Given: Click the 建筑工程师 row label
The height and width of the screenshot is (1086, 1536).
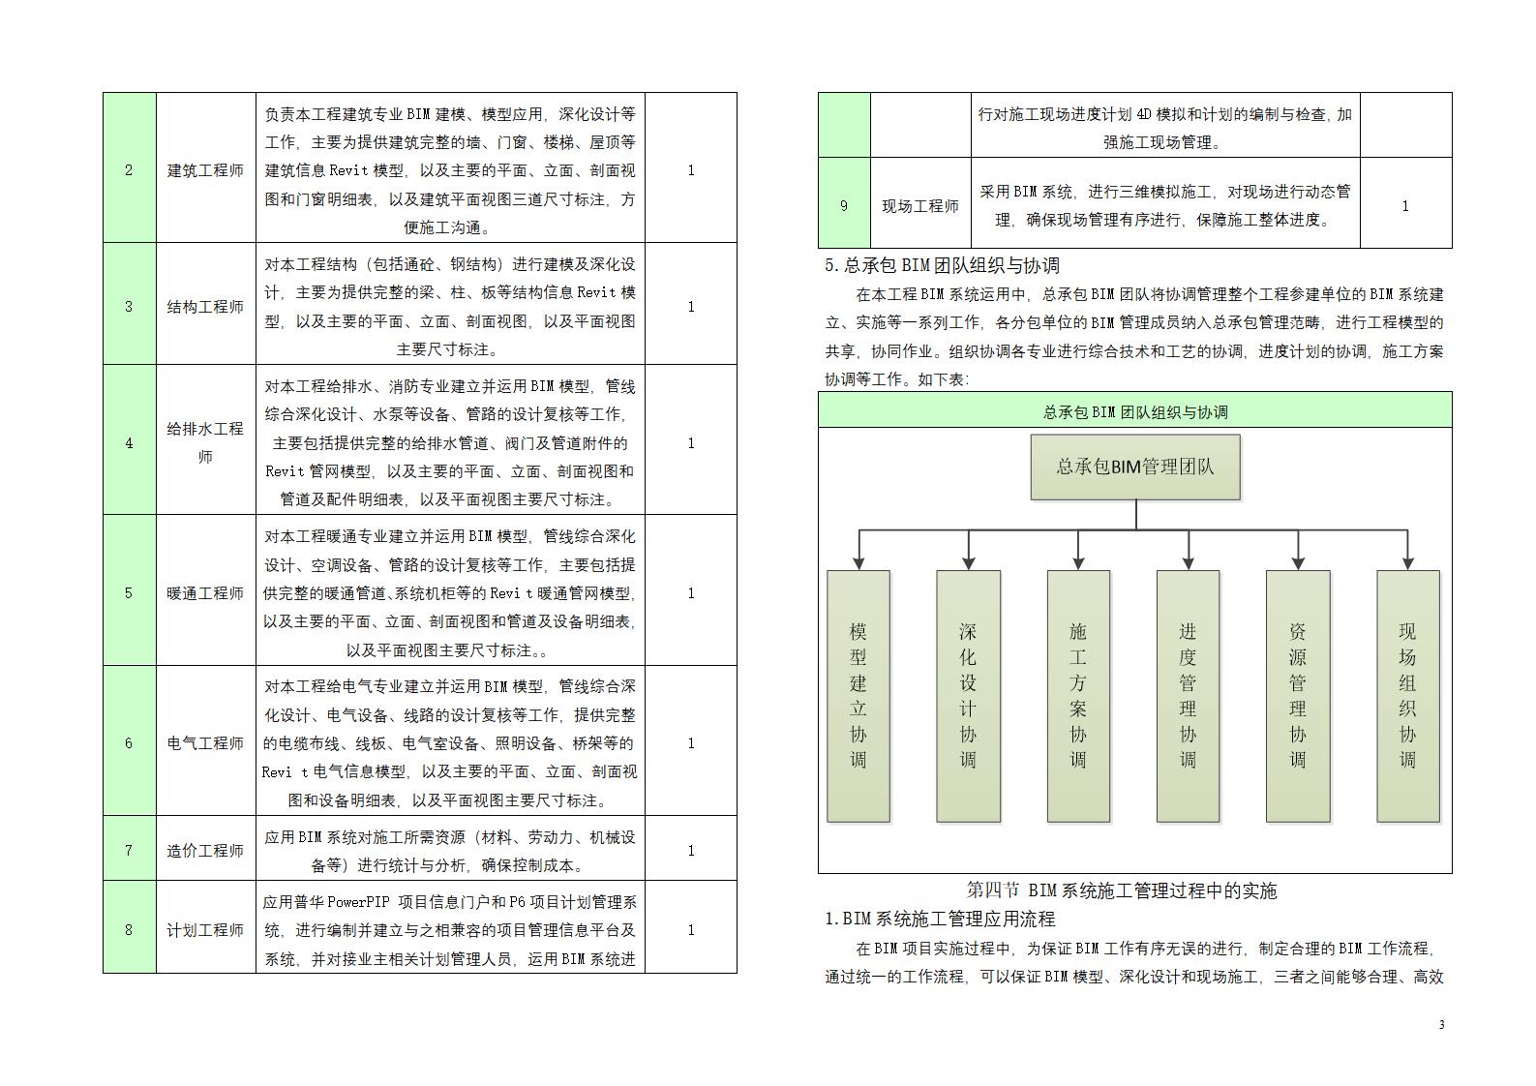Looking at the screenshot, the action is [205, 170].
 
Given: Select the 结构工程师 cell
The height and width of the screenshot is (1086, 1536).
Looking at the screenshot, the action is [205, 307].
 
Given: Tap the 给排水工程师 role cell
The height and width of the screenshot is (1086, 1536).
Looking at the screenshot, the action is [205, 442].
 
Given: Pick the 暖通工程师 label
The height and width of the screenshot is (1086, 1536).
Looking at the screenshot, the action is [205, 592].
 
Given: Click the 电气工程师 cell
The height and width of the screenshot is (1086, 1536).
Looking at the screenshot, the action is [205, 742].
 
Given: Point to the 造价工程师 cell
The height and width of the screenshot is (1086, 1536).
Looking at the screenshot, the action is [205, 850].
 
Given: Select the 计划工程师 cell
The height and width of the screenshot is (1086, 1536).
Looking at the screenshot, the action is [205, 929].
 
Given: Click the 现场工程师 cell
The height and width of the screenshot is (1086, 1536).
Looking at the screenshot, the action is [920, 205].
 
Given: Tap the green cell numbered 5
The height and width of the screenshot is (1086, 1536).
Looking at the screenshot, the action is [129, 592].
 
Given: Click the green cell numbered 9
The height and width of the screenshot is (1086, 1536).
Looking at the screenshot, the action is [844, 205].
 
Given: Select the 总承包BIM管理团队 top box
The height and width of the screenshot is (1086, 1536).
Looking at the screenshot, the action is [1134, 467].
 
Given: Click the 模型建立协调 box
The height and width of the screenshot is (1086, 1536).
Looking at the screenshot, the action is [858, 696].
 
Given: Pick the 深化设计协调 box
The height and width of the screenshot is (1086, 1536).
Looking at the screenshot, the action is [968, 696].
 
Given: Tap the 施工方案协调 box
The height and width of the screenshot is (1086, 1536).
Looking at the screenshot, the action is [1078, 696].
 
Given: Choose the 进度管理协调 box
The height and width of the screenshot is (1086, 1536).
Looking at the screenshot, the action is [1188, 696].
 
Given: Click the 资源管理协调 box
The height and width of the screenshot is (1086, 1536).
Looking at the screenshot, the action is [1298, 696].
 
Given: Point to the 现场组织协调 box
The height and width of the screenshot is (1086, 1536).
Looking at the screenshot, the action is [1407, 696].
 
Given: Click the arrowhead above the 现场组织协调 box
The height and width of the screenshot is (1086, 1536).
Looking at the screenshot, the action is [1408, 562].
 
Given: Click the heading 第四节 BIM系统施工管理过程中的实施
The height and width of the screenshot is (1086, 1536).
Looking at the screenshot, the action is [1122, 890].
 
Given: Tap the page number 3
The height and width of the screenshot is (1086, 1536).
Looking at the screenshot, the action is [1441, 1025].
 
